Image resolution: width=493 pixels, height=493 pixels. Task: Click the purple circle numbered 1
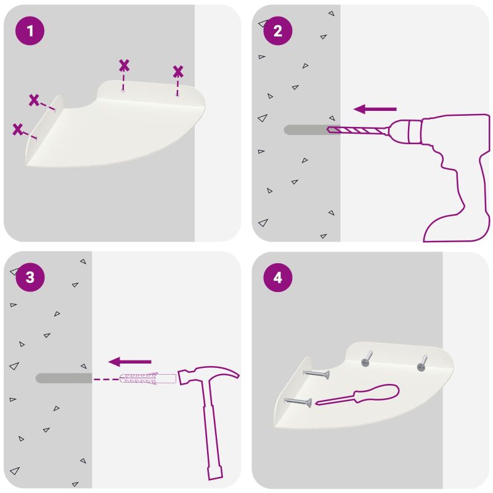click(30, 31)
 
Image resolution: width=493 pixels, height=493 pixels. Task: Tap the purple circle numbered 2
click(278, 31)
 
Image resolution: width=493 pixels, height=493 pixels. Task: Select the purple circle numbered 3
click(30, 277)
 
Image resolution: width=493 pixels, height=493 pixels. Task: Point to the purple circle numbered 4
click(278, 278)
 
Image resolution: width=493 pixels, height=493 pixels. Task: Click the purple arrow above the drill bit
click(375, 109)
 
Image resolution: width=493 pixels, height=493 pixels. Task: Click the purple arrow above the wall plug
click(130, 362)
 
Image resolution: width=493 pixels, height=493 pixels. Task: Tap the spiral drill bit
click(357, 130)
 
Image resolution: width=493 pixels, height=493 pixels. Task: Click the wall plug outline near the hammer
click(147, 378)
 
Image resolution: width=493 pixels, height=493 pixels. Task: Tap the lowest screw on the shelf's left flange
click(298, 402)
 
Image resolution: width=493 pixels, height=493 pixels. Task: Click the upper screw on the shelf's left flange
click(317, 374)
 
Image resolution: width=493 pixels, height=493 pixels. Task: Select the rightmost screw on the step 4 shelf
click(422, 364)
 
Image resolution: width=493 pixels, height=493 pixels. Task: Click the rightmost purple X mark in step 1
click(178, 71)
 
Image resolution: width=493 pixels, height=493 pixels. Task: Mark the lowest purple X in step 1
click(18, 129)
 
